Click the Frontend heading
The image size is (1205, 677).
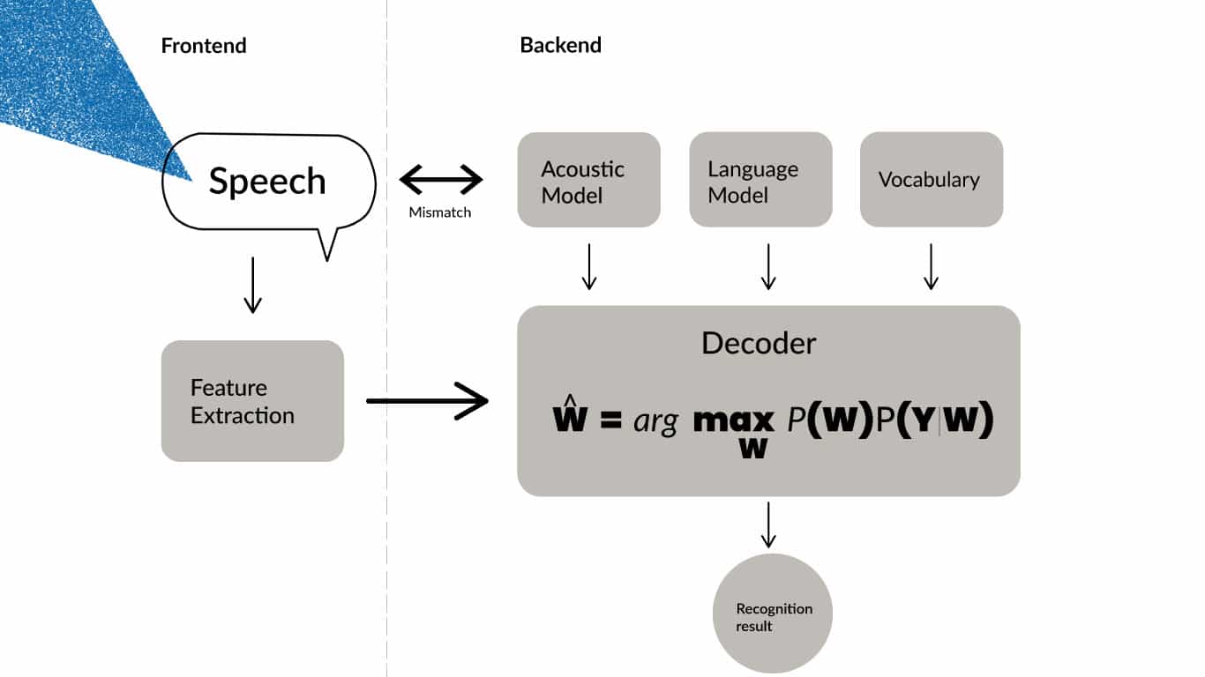coord(203,46)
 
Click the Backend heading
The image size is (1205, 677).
coord(560,46)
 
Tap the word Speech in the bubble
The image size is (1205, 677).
coord(267,182)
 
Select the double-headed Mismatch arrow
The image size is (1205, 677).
coord(441,181)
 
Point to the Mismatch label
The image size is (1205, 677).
coord(439,212)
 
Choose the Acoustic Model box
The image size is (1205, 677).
coord(588,180)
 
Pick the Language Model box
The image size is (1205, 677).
coord(760,180)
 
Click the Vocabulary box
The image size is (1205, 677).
coord(931,180)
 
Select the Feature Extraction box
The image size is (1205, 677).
coord(252,401)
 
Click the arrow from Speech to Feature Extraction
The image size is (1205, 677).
coord(252,285)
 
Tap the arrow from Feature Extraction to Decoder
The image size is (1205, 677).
coord(427,401)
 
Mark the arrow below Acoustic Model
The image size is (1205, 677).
coord(589,266)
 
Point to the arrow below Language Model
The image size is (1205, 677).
coord(768,266)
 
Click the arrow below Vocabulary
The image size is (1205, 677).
coord(931,266)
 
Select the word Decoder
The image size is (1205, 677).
coord(759,343)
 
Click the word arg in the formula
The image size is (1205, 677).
coord(655,421)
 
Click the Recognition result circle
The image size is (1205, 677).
coord(773,614)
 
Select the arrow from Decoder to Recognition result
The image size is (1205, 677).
coord(768,524)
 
